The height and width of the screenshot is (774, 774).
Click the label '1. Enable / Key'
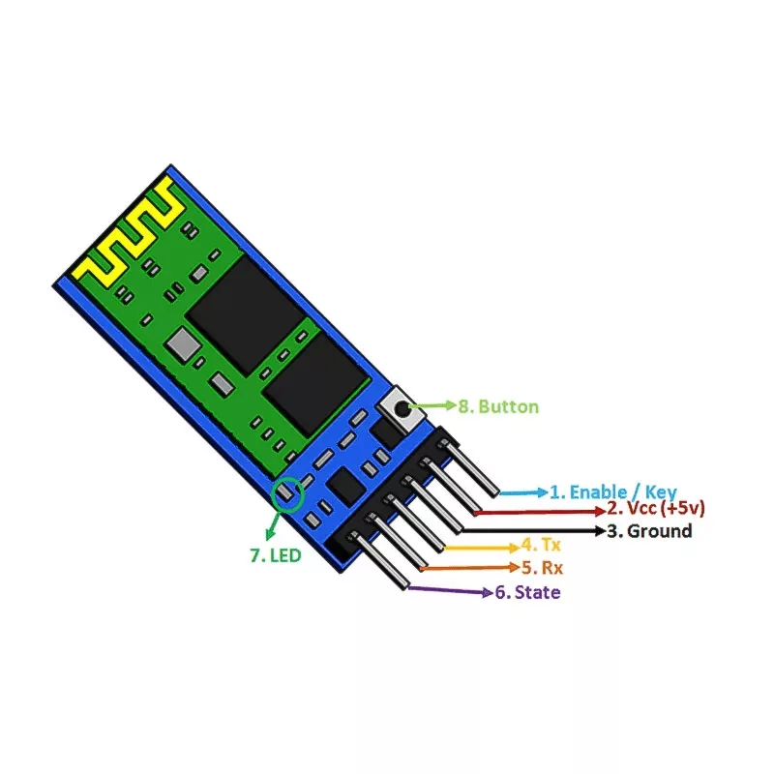pyautogui.click(x=613, y=492)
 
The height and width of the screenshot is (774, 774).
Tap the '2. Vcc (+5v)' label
pyautogui.click(x=656, y=508)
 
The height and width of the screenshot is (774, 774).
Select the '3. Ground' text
pyautogui.click(x=649, y=531)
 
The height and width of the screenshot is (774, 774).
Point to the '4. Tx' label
pyautogui.click(x=542, y=545)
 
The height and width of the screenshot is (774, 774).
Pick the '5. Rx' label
pyautogui.click(x=543, y=568)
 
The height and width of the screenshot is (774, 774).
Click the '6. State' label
pyautogui.click(x=527, y=592)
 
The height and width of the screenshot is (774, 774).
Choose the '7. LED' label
pyautogui.click(x=276, y=555)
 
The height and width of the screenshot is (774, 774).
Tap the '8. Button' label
pyautogui.click(x=498, y=406)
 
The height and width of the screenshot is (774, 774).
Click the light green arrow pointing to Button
pyautogui.click(x=432, y=405)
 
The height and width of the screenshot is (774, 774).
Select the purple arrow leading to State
pyautogui.click(x=450, y=590)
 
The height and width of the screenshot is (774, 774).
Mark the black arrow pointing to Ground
pyautogui.click(x=534, y=530)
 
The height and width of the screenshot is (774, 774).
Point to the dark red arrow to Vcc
pyautogui.click(x=540, y=512)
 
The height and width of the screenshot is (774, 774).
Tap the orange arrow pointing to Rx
pyautogui.click(x=470, y=568)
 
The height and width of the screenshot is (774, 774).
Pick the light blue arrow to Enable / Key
pyautogui.click(x=523, y=492)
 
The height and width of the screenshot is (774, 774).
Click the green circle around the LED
pyautogui.click(x=287, y=494)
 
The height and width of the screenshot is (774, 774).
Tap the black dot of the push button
pyautogui.click(x=403, y=408)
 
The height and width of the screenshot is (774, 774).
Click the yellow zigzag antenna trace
pyautogui.click(x=129, y=233)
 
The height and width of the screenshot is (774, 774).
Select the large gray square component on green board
pyautogui.click(x=183, y=343)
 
